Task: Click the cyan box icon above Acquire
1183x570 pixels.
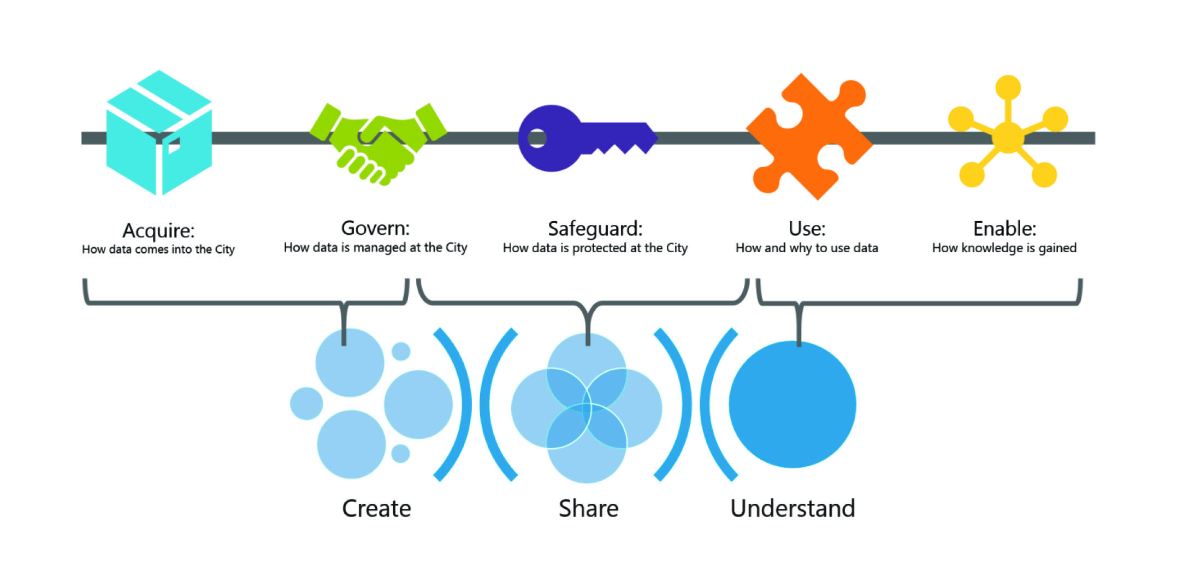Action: pos(158,134)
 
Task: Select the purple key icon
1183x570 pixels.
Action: pos(584,138)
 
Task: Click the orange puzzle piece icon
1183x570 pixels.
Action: pos(808,136)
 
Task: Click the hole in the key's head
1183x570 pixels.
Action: pos(537,138)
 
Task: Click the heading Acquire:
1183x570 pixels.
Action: pos(158,230)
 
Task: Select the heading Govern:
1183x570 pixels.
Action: pos(375,228)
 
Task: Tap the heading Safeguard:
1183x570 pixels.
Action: pos(595,228)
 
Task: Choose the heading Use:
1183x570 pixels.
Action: pos(807,228)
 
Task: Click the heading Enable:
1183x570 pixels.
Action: pos(1004,228)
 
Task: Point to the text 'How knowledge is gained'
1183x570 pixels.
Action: pos(1004,248)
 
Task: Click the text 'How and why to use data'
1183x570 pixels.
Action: pos(807,248)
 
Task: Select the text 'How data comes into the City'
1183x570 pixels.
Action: pos(158,250)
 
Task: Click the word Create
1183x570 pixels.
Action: pos(376,508)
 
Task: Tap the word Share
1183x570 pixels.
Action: pos(588,508)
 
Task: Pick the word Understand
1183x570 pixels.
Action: pos(792,508)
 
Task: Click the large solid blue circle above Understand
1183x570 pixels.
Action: pos(792,404)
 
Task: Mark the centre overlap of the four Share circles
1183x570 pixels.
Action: pos(587,408)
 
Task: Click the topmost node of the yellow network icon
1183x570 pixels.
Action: pos(1008,87)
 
